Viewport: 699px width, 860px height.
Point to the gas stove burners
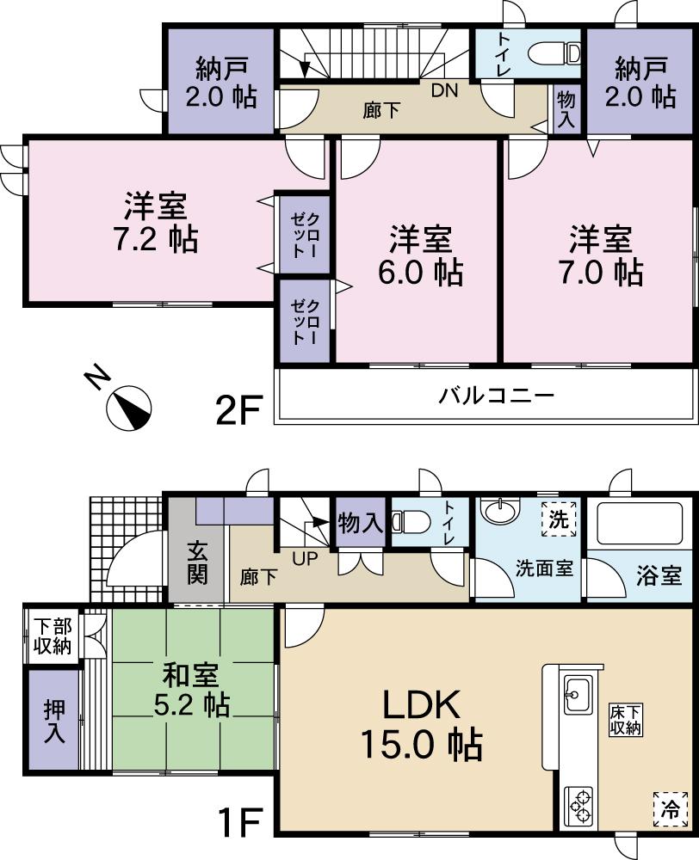coord(577,805)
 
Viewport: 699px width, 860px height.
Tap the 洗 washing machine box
coord(559,519)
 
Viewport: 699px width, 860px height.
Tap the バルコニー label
coord(496,396)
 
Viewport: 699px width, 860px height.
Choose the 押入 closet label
coord(53,721)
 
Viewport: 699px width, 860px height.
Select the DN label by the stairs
coord(444,91)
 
